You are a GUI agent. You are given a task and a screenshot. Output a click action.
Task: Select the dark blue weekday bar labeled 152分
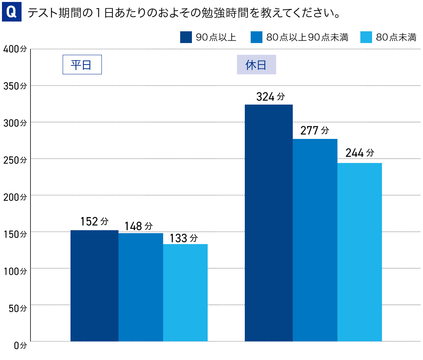[94, 286]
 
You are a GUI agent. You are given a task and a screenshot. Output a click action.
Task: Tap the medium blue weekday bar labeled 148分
[141, 287]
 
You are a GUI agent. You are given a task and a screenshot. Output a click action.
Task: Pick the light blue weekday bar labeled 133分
[185, 293]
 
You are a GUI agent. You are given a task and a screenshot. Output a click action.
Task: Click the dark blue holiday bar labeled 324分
[269, 223]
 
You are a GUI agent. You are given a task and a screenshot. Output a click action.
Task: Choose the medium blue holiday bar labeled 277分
[315, 240]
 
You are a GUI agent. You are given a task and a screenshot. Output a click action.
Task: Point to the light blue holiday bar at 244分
[360, 252]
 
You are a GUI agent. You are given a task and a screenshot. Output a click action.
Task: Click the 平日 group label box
[82, 65]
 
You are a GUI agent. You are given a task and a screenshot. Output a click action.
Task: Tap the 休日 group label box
[256, 65]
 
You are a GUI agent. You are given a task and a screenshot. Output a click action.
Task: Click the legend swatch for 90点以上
[186, 37]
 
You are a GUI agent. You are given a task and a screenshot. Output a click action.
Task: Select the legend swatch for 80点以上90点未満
[256, 37]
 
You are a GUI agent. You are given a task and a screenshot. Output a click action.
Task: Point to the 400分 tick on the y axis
[14, 49]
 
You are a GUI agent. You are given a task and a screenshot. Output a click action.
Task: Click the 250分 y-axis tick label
[14, 160]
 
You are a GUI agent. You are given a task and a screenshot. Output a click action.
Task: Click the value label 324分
[270, 97]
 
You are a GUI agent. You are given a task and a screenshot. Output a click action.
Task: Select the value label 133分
[184, 238]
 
